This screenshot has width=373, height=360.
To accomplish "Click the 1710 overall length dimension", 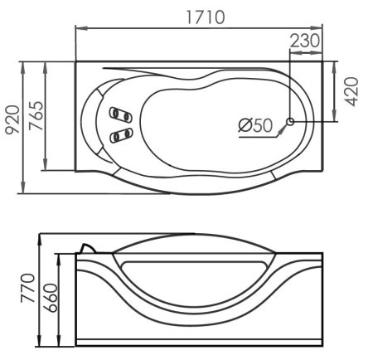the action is point(206,17).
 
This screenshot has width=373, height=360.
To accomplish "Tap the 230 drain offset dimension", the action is point(305,41).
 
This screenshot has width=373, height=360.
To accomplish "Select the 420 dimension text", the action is point(351,91).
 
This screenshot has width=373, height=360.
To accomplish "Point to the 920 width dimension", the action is point(12,119).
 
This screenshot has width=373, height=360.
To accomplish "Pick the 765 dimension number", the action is point(36,115).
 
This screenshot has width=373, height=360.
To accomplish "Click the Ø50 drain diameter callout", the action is point(255,125).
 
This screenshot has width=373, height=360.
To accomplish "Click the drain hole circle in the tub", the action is point(290,121).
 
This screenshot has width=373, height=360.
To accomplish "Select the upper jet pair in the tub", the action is point(120,114).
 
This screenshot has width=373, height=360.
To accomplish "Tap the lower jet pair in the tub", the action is point(121,135).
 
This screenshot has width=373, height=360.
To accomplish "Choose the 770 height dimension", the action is point(28,288).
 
